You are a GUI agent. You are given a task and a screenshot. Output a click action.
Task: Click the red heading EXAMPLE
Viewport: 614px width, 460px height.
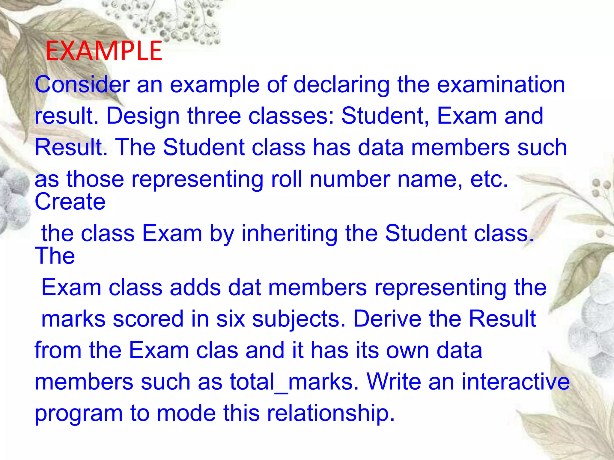[x=104, y=51]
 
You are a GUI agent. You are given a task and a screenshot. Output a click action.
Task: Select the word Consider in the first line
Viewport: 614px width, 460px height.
[x=82, y=85]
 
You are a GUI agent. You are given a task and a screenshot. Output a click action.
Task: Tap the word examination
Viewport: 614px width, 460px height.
[x=501, y=85]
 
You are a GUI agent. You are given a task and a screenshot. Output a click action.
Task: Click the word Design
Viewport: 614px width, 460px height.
[x=143, y=116]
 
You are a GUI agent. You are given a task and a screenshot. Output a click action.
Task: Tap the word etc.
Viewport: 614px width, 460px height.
[x=489, y=179]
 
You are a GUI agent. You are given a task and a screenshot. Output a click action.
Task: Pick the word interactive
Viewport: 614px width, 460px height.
[x=515, y=382]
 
